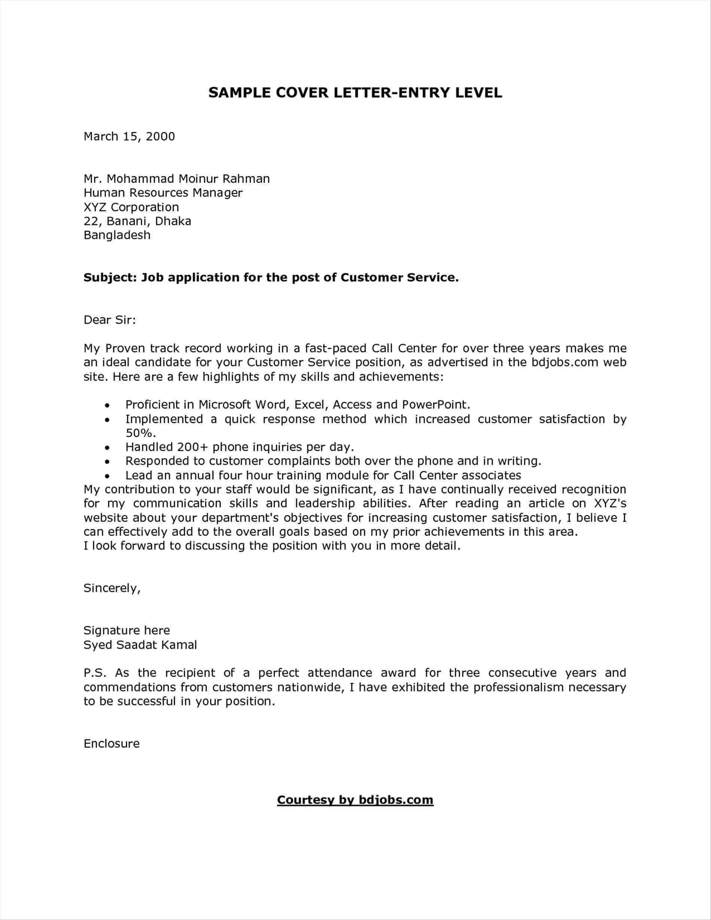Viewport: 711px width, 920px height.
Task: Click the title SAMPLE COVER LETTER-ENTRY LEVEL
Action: [x=355, y=93]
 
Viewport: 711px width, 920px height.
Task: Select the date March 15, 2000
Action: [x=129, y=137]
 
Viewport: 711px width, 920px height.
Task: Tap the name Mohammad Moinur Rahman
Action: [x=188, y=179]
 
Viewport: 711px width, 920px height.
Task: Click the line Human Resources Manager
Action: [x=163, y=193]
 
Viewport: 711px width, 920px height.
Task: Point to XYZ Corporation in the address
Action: [x=131, y=207]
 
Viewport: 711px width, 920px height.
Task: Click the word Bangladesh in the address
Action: [x=117, y=235]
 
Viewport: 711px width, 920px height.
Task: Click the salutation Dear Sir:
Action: [x=110, y=320]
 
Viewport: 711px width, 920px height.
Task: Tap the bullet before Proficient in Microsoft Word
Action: [x=107, y=406]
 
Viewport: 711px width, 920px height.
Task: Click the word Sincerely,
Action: [x=112, y=588]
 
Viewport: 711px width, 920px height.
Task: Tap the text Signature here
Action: [x=126, y=630]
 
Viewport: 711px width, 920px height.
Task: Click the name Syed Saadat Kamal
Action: [x=140, y=645]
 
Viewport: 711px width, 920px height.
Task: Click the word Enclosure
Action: [x=111, y=743]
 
